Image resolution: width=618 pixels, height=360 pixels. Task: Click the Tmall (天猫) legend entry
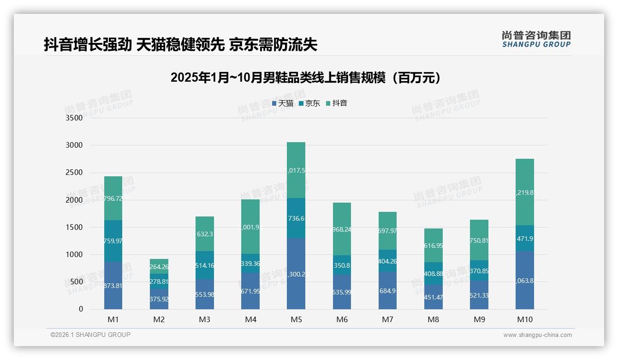tap(282, 103)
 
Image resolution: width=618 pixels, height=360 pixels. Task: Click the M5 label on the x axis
tap(296, 319)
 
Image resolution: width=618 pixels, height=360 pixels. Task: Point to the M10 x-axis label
tap(525, 319)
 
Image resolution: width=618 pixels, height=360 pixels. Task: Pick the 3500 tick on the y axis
tap(74, 118)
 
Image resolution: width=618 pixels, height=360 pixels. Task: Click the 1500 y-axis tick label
tap(74, 228)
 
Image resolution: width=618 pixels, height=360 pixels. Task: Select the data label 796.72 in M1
tap(113, 198)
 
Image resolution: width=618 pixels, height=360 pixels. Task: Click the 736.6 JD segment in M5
tap(296, 218)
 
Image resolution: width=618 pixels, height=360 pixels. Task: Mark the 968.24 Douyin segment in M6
tap(342, 229)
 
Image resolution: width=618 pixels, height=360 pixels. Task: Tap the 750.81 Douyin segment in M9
tap(479, 240)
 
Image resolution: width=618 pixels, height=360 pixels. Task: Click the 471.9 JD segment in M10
tap(525, 238)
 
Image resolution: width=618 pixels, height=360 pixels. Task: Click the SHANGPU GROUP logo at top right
tap(536, 39)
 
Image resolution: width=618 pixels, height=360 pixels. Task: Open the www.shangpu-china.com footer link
tap(537, 335)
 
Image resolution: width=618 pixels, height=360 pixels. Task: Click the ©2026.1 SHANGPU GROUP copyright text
tap(90, 335)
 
